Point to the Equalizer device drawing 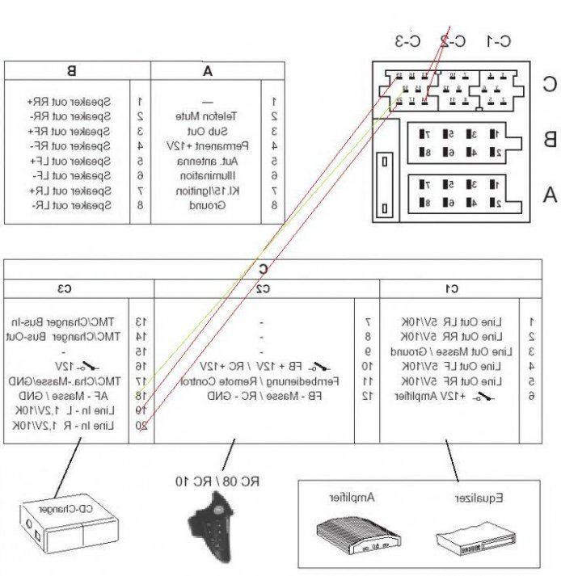[472, 537]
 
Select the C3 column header [64, 288]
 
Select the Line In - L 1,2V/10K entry [76, 411]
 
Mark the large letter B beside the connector [549, 139]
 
